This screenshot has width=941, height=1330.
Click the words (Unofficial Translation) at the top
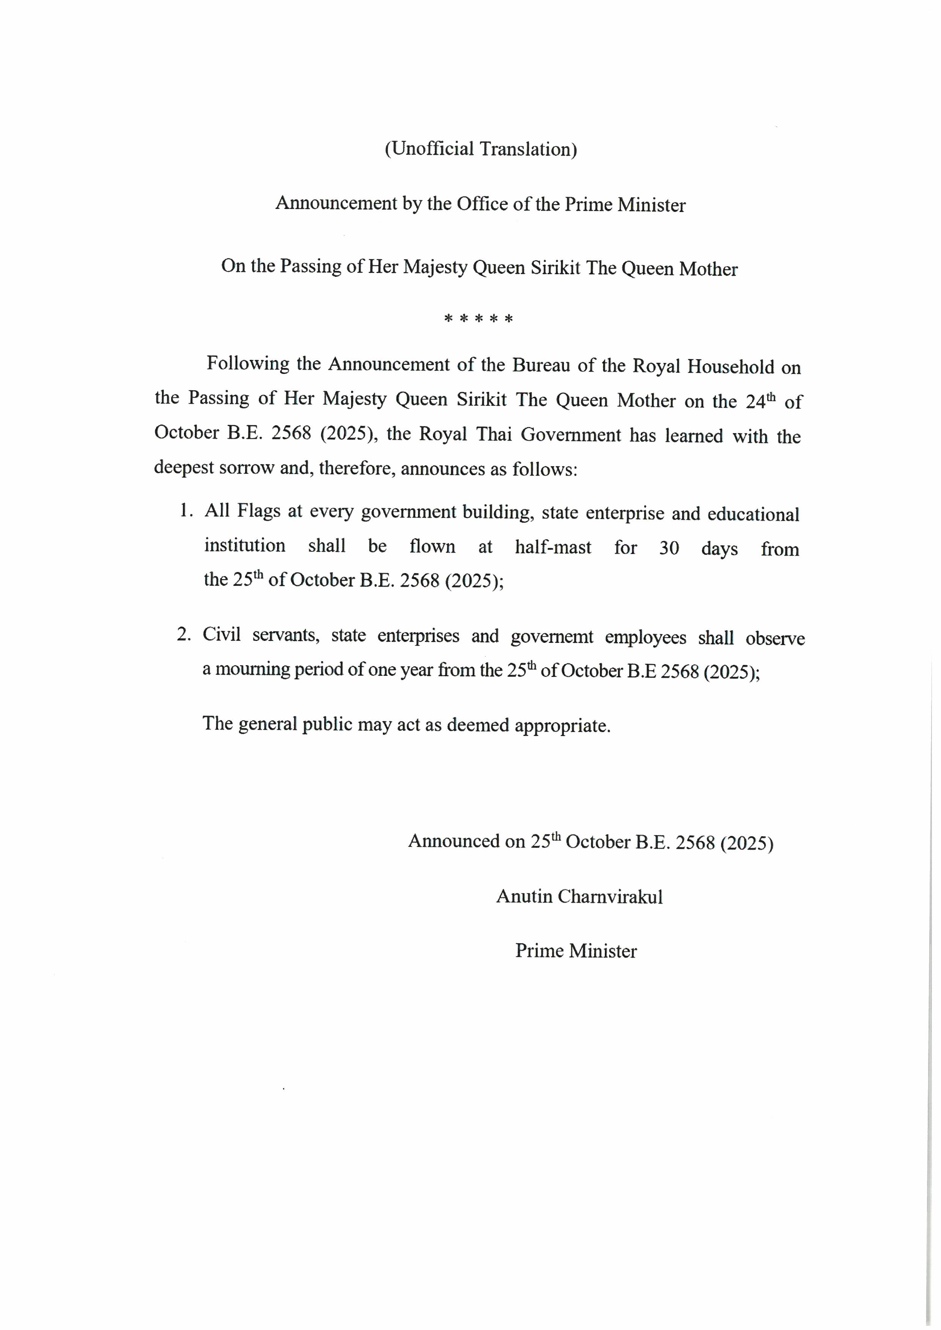tap(480, 149)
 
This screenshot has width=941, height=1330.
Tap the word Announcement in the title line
tap(337, 203)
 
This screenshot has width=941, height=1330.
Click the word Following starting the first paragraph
tap(247, 364)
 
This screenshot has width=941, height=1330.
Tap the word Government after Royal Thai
tap(571, 435)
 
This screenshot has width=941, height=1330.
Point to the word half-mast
tap(553, 547)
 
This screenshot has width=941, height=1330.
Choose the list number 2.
tap(183, 634)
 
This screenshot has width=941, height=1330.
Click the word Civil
tap(221, 635)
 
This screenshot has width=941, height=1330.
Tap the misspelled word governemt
tap(552, 637)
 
